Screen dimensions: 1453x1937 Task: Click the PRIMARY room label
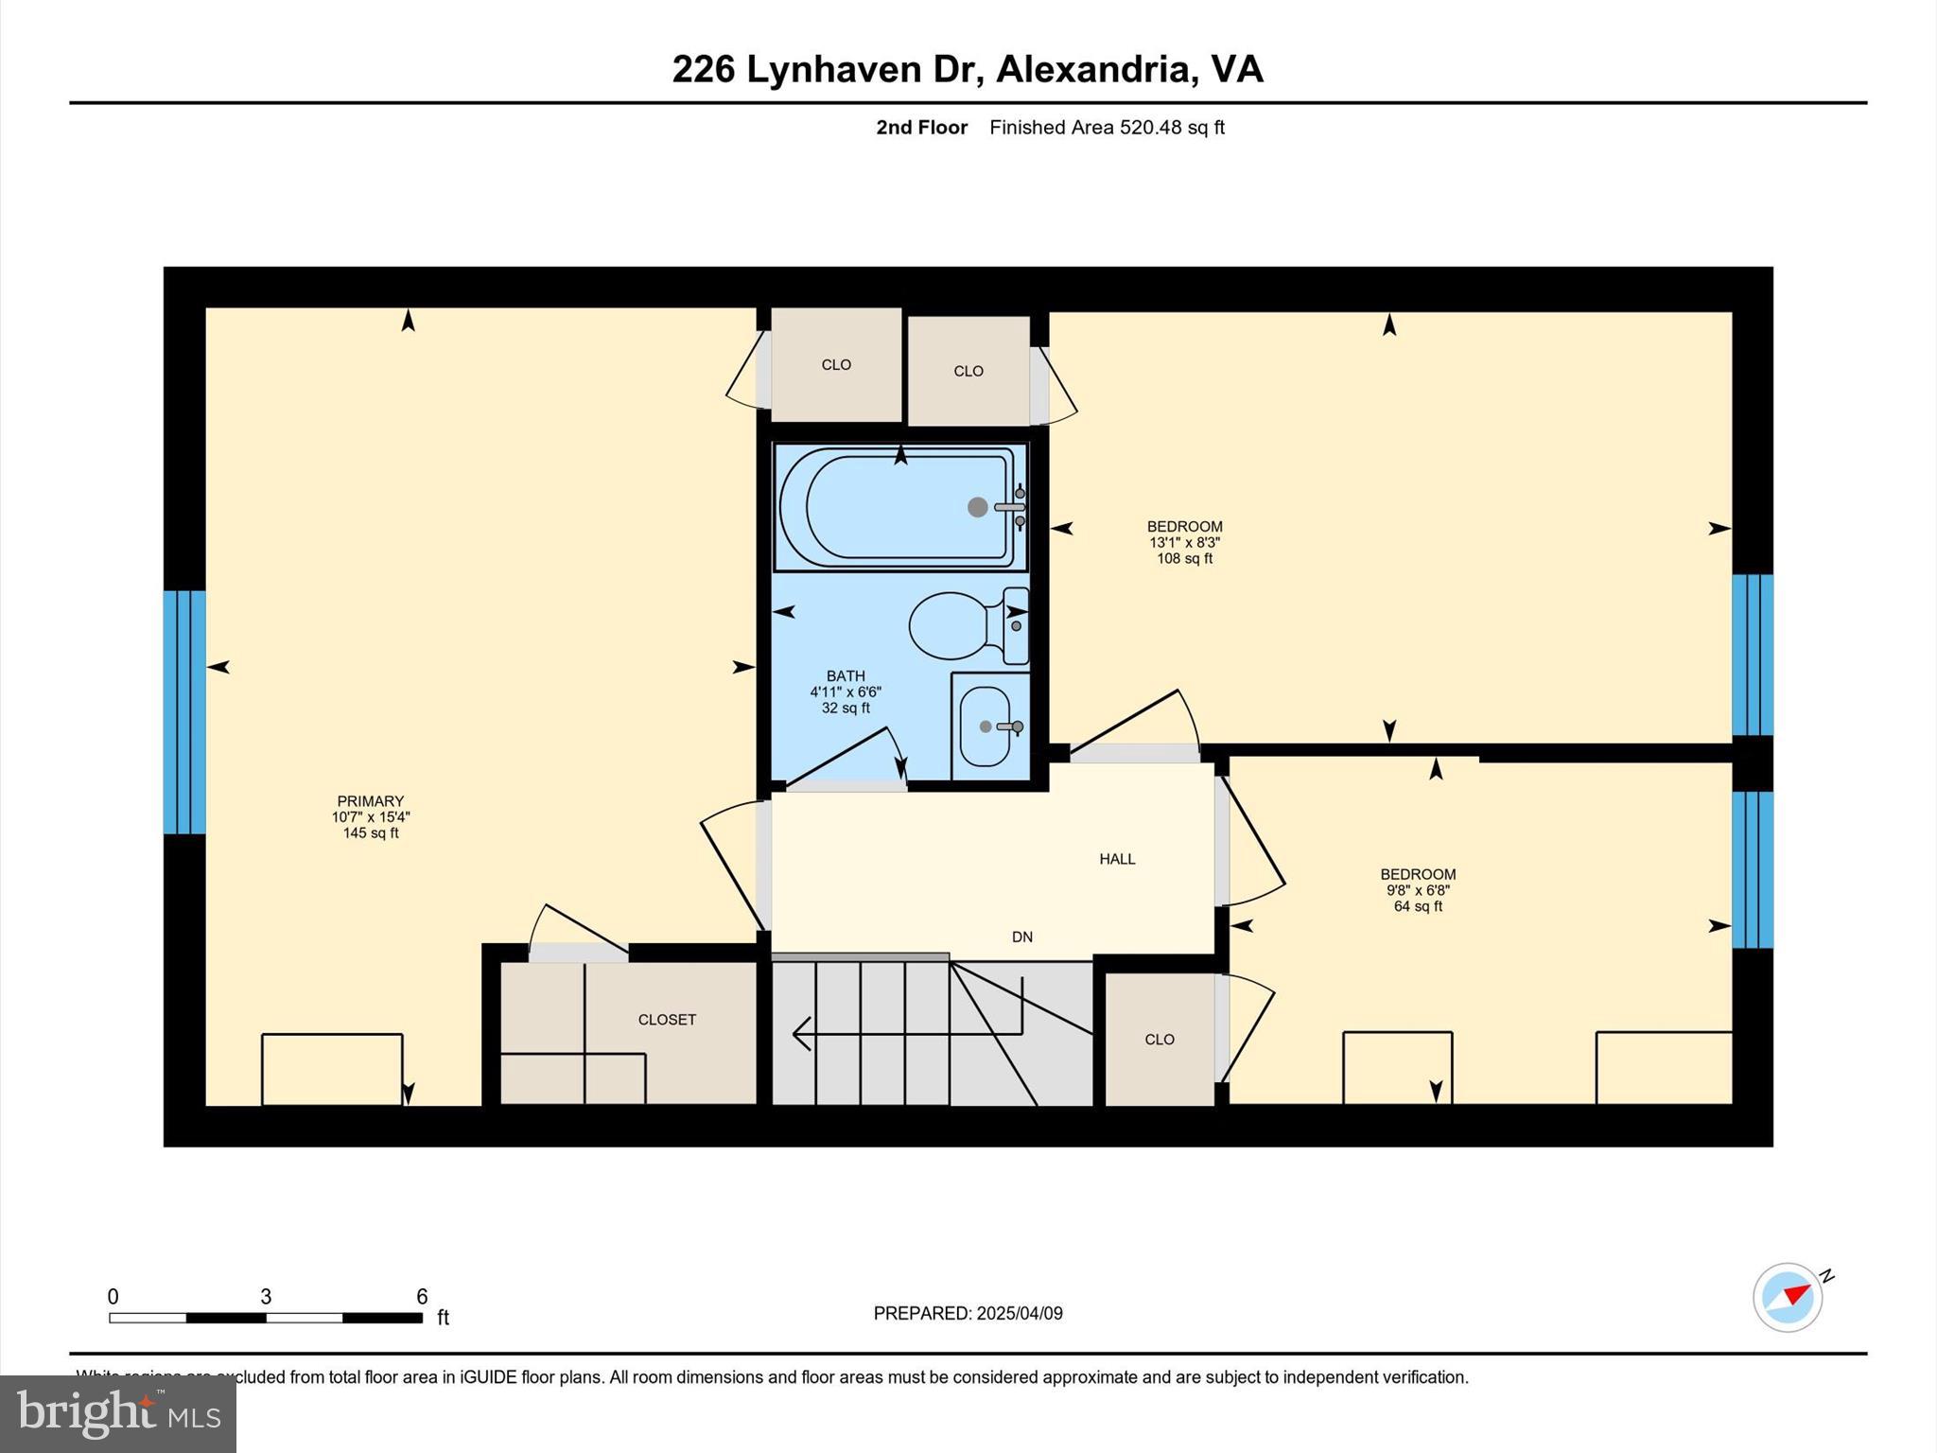[x=370, y=801]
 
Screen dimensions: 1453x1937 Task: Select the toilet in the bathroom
[x=955, y=625]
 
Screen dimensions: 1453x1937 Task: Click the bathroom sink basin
[x=985, y=726]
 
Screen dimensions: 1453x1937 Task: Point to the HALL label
[x=1117, y=859]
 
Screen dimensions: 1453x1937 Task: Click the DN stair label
[x=1022, y=937]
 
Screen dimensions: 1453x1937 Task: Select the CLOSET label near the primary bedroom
[x=667, y=1020]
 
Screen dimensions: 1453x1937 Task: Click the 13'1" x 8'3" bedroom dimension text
[x=1184, y=543]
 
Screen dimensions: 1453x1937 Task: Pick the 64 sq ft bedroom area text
[x=1418, y=906]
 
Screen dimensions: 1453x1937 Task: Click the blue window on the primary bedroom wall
[x=184, y=712]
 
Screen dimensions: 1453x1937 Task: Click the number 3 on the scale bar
[x=266, y=1297]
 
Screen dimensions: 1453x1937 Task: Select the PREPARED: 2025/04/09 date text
[x=968, y=1313]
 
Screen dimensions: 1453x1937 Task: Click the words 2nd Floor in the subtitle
[x=921, y=128]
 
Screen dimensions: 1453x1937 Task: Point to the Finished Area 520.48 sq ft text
[x=1107, y=128]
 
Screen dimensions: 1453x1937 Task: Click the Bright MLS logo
[x=118, y=1414]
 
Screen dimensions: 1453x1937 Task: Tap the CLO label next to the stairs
[x=1160, y=1040]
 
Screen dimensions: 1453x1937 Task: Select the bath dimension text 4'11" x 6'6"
[x=846, y=692]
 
